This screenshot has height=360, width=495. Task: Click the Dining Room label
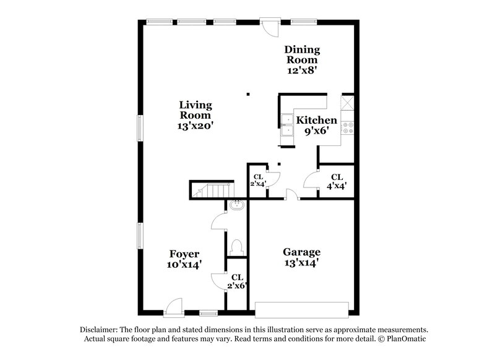pyautogui.click(x=302, y=54)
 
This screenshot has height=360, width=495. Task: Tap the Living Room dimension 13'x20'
pyautogui.click(x=196, y=126)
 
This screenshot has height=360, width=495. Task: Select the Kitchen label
pyautogui.click(x=317, y=120)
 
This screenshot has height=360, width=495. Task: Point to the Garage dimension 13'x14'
pyautogui.click(x=302, y=263)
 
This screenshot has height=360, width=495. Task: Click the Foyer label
pyautogui.click(x=184, y=254)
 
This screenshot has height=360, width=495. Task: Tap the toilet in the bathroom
pyautogui.click(x=236, y=247)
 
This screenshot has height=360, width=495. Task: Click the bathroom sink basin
pyautogui.click(x=237, y=205)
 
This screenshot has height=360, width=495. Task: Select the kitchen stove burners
pyautogui.click(x=348, y=128)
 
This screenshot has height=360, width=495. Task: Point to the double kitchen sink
pyautogui.click(x=288, y=124)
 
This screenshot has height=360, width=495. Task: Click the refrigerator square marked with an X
pyautogui.click(x=347, y=103)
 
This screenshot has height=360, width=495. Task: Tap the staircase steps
pyautogui.click(x=212, y=190)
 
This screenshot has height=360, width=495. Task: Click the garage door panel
pyautogui.click(x=302, y=310)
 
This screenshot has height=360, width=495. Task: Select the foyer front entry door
pyautogui.click(x=173, y=307)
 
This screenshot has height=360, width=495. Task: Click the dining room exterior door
pyautogui.click(x=270, y=27)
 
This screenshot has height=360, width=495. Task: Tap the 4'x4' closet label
pyautogui.click(x=337, y=182)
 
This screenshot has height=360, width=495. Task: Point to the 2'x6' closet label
pyautogui.click(x=237, y=281)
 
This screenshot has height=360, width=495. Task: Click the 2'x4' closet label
pyautogui.click(x=258, y=181)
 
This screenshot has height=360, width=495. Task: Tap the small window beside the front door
pyautogui.click(x=209, y=314)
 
